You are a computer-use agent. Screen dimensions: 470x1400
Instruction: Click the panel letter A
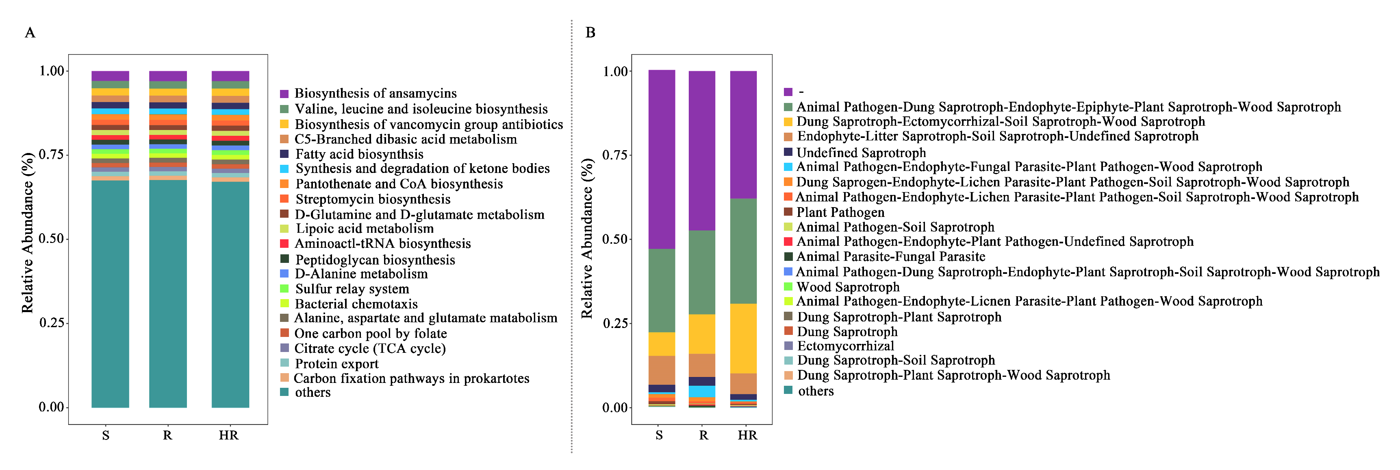click(30, 33)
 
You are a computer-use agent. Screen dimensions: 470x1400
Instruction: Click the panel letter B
click(590, 33)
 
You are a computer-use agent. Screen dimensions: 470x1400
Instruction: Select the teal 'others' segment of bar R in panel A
click(167, 294)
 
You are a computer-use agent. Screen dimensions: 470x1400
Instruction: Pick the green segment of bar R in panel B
click(702, 272)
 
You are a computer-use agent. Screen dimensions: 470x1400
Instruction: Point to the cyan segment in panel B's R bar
click(702, 391)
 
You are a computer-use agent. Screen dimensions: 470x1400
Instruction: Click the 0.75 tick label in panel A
click(52, 155)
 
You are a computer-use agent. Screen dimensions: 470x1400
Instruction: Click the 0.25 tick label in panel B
click(615, 323)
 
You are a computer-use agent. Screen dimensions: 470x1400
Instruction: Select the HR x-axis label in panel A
click(228, 435)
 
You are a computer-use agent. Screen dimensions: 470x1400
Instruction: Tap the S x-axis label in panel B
click(659, 435)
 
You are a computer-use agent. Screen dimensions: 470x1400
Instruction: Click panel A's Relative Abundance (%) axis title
click(27, 233)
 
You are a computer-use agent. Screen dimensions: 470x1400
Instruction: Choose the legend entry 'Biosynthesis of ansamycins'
click(375, 94)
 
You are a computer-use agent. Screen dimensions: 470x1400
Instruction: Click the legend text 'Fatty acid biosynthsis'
click(359, 155)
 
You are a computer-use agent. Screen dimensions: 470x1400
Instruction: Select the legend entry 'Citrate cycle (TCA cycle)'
click(369, 348)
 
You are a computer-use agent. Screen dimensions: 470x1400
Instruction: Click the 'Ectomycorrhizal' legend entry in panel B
click(845, 346)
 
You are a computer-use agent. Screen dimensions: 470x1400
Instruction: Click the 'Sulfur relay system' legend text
click(352, 289)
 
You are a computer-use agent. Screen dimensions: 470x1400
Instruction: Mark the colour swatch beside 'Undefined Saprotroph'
click(788, 152)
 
